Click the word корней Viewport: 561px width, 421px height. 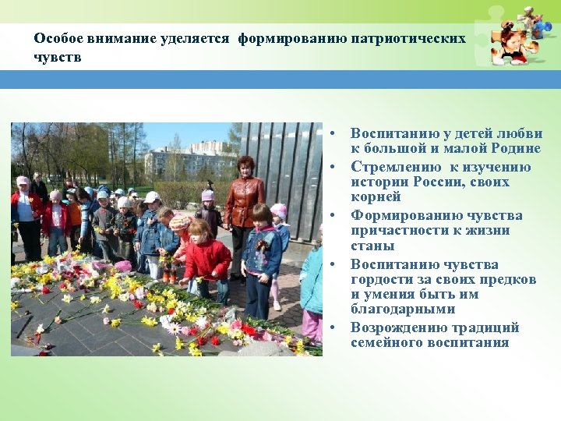click(x=376, y=197)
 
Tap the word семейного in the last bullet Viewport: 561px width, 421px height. click(x=387, y=343)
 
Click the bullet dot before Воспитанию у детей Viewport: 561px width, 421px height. click(x=331, y=134)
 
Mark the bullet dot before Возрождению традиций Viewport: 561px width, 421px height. click(x=331, y=328)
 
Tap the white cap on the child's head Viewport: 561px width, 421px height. click(x=151, y=197)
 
